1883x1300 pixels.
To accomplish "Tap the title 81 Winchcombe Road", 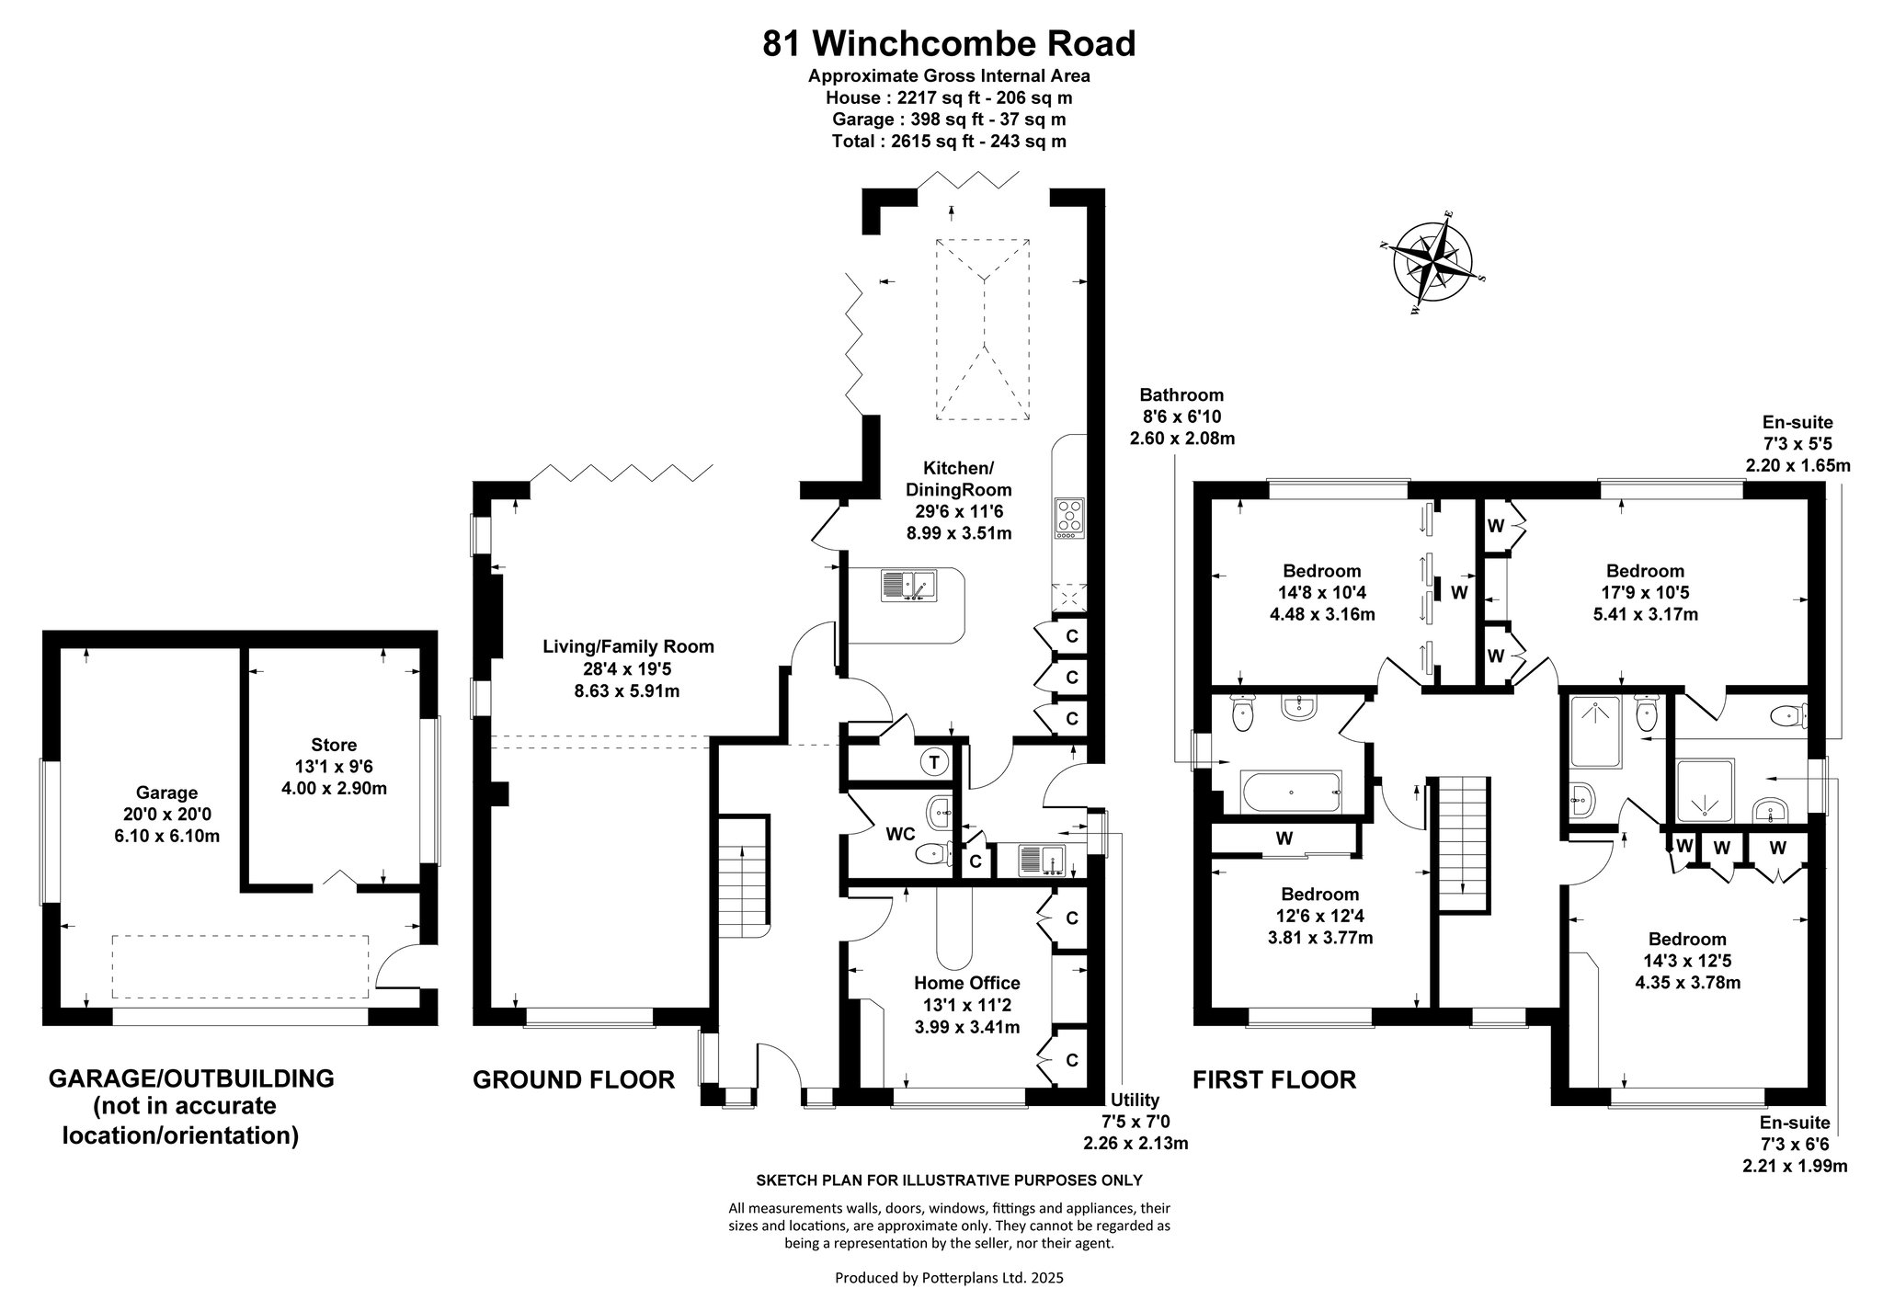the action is [x=949, y=43].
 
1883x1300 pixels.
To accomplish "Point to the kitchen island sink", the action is [x=907, y=586].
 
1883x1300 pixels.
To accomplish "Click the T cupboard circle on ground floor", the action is [x=934, y=761].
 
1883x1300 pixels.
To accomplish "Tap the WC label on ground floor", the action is [x=899, y=834].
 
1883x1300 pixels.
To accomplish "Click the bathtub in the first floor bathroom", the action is [x=1290, y=792].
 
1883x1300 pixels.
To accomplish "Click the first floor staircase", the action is [x=1462, y=845].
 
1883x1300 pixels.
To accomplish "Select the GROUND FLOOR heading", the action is [x=574, y=1079].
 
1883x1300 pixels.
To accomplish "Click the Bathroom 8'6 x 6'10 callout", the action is [x=1181, y=416].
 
